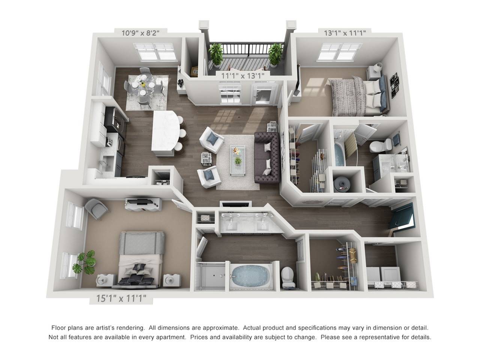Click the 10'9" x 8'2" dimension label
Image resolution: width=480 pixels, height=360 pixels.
point(141,33)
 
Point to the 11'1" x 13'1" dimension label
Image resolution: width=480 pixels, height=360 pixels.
point(243,76)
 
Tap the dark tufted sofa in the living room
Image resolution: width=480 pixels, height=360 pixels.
point(267,157)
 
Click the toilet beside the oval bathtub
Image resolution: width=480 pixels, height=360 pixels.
point(289,277)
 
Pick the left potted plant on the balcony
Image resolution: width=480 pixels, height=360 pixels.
point(216,54)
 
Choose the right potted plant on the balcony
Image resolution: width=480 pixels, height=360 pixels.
point(276,53)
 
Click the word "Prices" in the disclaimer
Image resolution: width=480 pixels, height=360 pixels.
point(200,337)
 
